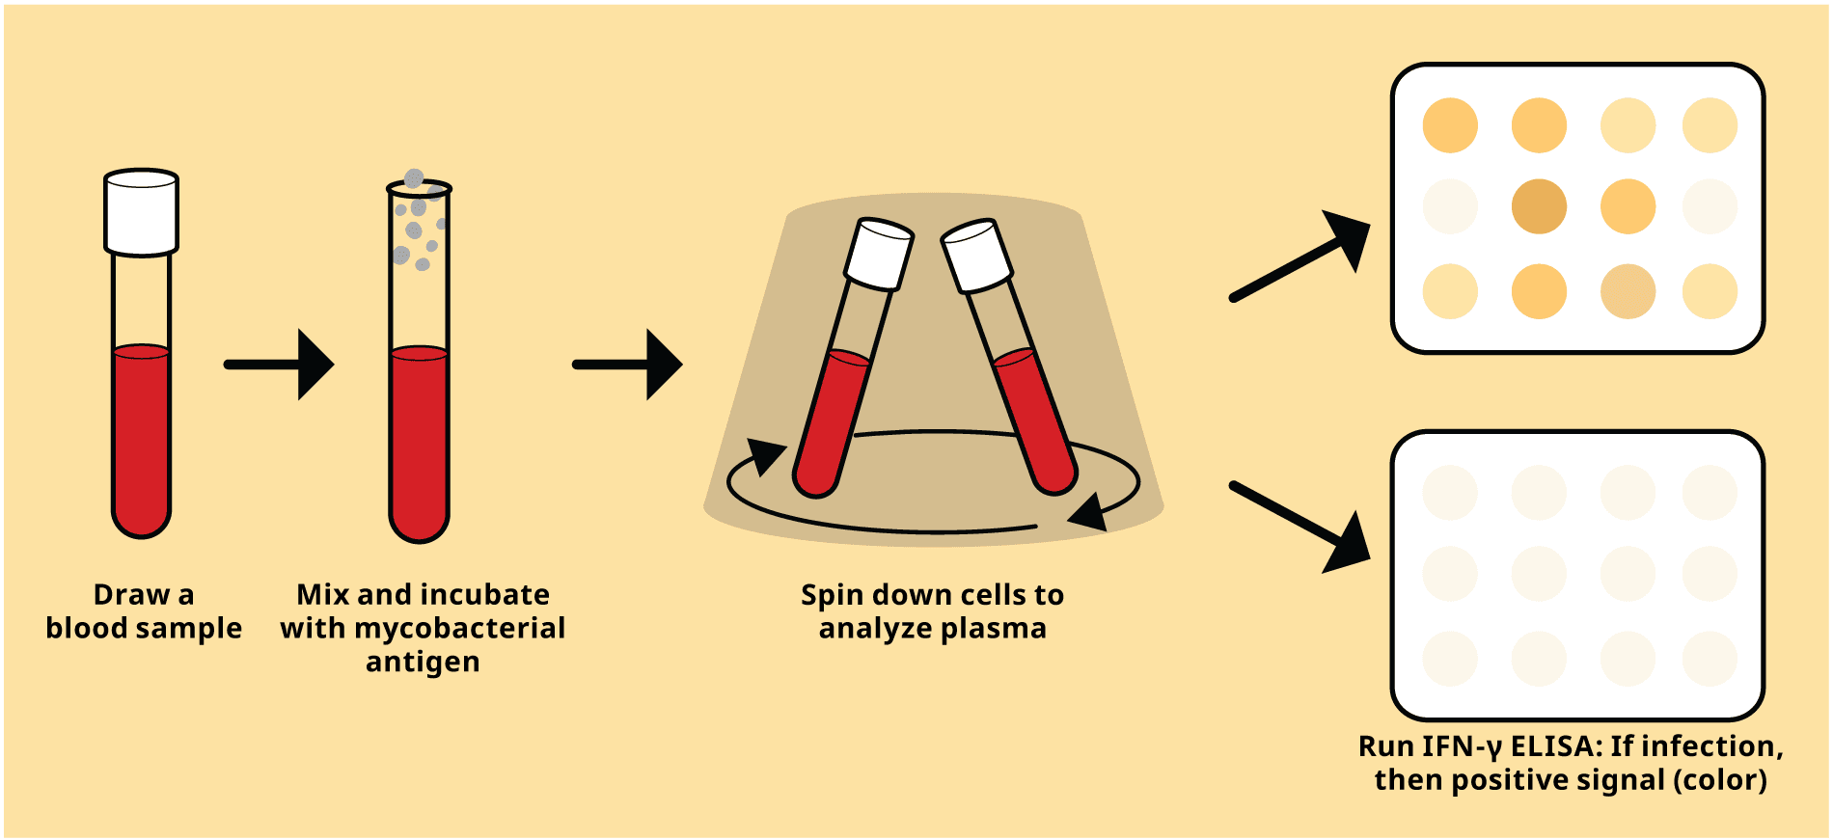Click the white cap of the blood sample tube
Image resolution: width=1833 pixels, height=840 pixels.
141,212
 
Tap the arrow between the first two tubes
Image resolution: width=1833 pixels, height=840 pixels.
280,365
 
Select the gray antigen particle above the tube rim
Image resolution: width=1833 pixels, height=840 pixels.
414,178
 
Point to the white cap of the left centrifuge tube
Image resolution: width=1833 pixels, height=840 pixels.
879,254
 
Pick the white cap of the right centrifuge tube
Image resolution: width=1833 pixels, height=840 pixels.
976,256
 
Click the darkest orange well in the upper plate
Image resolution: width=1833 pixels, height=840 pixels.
1539,206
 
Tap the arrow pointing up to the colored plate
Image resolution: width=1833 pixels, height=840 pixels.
1302,258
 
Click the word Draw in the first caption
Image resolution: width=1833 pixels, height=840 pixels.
129,594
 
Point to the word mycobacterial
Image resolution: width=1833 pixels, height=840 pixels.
459,628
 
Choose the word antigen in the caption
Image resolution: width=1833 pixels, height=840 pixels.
423,662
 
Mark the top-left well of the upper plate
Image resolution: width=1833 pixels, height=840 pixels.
1450,125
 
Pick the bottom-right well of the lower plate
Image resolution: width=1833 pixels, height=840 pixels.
1710,659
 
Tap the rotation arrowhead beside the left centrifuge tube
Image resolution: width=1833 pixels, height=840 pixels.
766,455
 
